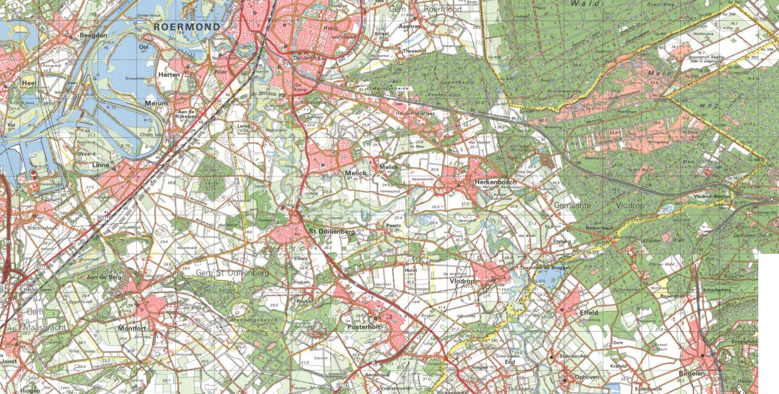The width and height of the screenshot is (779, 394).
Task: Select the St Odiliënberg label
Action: click(x=333, y=231)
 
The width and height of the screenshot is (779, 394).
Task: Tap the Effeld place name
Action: click(x=589, y=313)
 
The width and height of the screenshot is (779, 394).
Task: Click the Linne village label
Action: click(x=100, y=164)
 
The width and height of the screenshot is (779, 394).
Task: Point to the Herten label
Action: click(x=169, y=75)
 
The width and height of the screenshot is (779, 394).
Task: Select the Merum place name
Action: click(x=156, y=104)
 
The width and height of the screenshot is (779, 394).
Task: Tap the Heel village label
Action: click(x=30, y=82)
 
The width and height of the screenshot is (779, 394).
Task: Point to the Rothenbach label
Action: click(x=599, y=229)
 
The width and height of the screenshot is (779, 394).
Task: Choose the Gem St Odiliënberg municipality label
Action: click(x=231, y=273)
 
